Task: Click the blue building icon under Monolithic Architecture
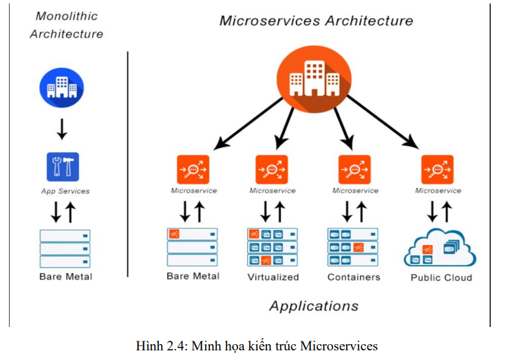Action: coord(61,87)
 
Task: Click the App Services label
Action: coord(65,191)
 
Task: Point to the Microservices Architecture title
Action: coord(316,21)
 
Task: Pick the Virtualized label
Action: coord(273,277)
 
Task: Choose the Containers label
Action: coord(354,277)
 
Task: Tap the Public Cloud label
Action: coord(441,277)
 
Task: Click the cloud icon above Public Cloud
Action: coord(439,249)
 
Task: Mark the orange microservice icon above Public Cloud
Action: coord(437,169)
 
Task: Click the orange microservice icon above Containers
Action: coord(354,169)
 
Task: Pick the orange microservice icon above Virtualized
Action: coord(272,169)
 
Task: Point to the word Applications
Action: coord(313,306)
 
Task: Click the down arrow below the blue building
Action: coord(62,129)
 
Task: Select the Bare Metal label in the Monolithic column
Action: coord(65,277)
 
